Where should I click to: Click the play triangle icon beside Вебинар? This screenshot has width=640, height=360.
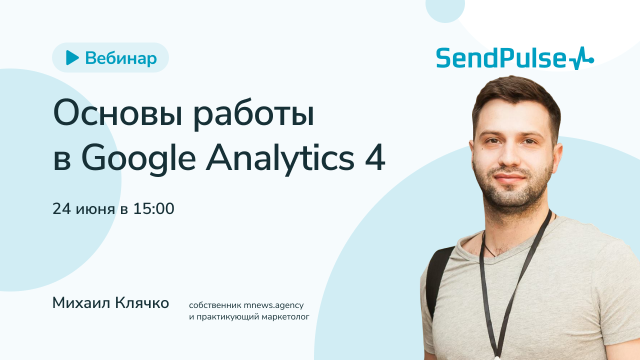click(x=72, y=58)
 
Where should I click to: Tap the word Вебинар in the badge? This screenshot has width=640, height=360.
click(x=120, y=58)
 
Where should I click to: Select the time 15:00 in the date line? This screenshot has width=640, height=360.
click(x=153, y=209)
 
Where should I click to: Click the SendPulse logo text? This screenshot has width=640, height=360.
click(x=502, y=59)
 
